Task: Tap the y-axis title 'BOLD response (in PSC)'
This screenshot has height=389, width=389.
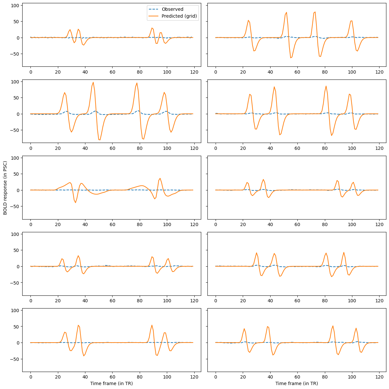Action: tap(5, 188)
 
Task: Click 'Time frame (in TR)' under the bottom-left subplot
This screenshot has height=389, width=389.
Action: tap(112, 383)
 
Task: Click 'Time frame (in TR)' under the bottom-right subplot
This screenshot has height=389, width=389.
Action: tap(296, 383)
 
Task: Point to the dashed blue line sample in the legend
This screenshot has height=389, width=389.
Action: tap(152, 9)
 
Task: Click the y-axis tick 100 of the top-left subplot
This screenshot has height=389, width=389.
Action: tap(16, 5)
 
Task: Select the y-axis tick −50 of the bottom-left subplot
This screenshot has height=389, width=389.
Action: tap(15, 359)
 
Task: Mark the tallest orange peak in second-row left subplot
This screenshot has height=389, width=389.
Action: tap(93, 82)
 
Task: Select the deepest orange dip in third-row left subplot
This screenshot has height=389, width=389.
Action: tap(76, 203)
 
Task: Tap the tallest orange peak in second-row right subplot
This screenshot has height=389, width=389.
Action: tap(326, 86)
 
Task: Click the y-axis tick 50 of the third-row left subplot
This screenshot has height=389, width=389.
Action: tap(16, 174)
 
